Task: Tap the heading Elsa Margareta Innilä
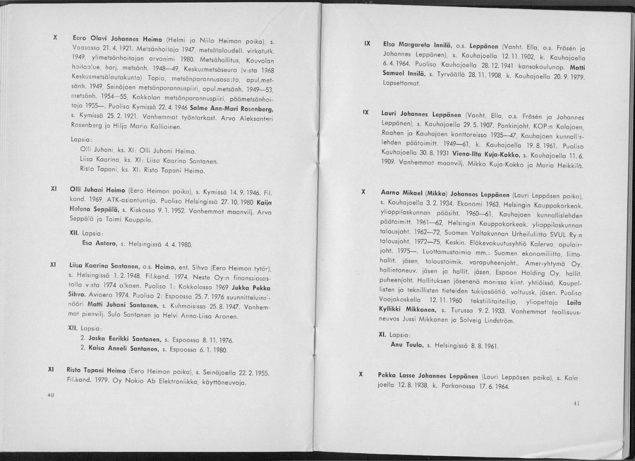coord(414,45)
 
